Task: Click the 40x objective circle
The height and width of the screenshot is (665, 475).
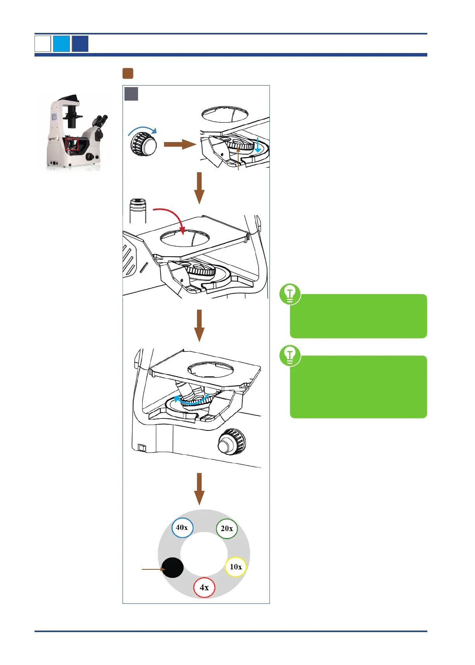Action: tap(182, 528)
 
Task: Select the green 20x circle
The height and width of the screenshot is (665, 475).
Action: tap(227, 529)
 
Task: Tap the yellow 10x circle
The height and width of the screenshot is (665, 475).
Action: tap(236, 567)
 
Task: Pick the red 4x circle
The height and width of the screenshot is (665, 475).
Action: tap(204, 588)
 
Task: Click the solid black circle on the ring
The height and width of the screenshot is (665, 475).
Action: tap(173, 568)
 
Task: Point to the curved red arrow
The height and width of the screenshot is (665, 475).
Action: tap(171, 217)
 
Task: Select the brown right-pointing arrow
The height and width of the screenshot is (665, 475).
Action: tap(180, 144)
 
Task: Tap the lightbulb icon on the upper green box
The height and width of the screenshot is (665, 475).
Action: tap(290, 294)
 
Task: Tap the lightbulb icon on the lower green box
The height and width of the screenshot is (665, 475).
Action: tap(290, 355)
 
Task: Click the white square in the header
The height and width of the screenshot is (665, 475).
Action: tap(43, 44)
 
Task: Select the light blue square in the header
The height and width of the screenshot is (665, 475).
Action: tap(61, 44)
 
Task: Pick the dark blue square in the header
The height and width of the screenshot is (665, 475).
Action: tap(80, 44)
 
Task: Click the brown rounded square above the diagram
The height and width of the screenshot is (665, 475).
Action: tap(128, 74)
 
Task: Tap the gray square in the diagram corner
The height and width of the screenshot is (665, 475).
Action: tap(131, 94)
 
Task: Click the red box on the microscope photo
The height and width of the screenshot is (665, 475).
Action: tap(72, 144)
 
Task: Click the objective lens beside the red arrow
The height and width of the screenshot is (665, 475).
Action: tap(138, 211)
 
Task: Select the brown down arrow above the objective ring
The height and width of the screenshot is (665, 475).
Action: tap(199, 488)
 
